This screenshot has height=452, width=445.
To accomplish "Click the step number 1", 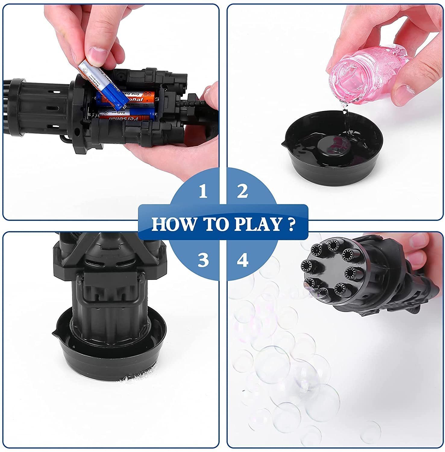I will coord(203,191).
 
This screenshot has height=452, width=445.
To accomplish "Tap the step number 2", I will coord(242,191).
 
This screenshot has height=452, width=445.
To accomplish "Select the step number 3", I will coord(203,260).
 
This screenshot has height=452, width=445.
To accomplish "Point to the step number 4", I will coord(243,260).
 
